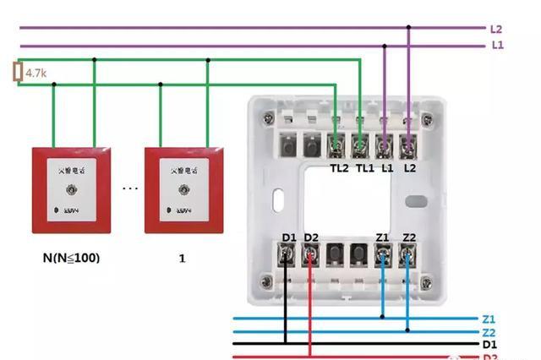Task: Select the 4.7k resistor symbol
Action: pyautogui.click(x=17, y=73)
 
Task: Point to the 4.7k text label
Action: pyautogui.click(x=36, y=74)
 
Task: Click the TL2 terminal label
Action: pyautogui.click(x=338, y=168)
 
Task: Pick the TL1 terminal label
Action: pyautogui.click(x=364, y=168)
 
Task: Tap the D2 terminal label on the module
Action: pyautogui.click(x=311, y=238)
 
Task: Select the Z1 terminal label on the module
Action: pyautogui.click(x=384, y=238)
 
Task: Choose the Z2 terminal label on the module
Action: pyautogui.click(x=410, y=238)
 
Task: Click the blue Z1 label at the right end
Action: pyautogui.click(x=489, y=319)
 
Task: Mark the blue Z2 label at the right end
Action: pyautogui.click(x=489, y=332)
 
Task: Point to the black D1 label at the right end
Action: pyautogui.click(x=489, y=345)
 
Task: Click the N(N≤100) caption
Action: pyautogui.click(x=71, y=257)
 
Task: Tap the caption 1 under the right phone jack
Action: pyautogui.click(x=182, y=258)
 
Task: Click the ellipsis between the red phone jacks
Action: pyautogui.click(x=129, y=188)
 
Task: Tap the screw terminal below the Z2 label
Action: pyautogui.click(x=408, y=256)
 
